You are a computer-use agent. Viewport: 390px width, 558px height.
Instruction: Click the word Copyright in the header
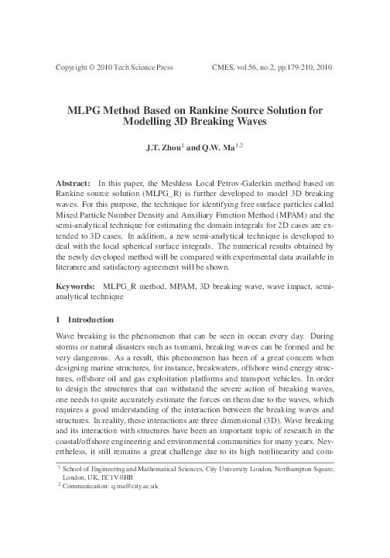74,67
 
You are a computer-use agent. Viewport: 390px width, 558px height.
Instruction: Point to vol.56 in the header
251,67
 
